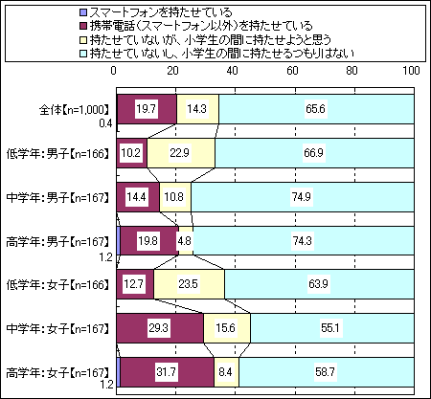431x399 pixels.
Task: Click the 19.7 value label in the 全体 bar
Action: [x=146, y=109]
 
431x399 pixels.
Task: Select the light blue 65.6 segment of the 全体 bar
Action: [x=316, y=109]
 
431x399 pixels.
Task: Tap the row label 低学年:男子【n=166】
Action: [x=57, y=154]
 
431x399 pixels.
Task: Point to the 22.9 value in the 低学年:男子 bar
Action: [x=179, y=153]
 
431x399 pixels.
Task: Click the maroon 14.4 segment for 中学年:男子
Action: [x=138, y=197]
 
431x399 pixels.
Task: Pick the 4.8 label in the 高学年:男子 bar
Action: [x=185, y=241]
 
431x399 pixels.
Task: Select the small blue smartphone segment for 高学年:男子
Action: [x=119, y=241]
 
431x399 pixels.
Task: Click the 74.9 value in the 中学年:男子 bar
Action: [x=302, y=197]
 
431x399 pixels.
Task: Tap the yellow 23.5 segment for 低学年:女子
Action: [x=189, y=284]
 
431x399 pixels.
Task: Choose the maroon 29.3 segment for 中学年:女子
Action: [x=160, y=328]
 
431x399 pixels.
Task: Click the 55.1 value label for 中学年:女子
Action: [x=330, y=328]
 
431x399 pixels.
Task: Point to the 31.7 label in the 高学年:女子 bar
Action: [x=166, y=372]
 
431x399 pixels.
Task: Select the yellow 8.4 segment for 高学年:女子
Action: [x=226, y=372]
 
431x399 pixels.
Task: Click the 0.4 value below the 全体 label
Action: [x=105, y=123]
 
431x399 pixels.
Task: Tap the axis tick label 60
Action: [x=292, y=70]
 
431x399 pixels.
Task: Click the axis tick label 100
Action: [x=411, y=70]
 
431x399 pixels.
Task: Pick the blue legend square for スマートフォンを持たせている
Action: [x=83, y=12]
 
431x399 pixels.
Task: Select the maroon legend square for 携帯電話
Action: [x=83, y=26]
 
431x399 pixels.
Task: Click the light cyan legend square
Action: [x=83, y=53]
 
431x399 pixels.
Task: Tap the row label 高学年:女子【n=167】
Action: [x=57, y=372]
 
